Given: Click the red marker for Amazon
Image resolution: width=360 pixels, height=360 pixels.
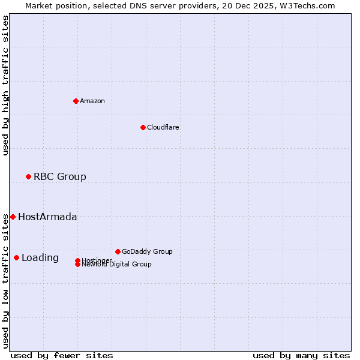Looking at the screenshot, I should pos(76,101).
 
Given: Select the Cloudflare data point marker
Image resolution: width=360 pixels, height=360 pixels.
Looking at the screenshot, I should pos(143,127).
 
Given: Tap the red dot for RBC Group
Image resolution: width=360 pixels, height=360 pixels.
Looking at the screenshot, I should pos(28,176).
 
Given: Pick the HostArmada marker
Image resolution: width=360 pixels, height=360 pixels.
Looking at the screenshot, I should pos(13,217).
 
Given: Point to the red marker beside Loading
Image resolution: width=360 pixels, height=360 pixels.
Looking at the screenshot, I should pos(16,257).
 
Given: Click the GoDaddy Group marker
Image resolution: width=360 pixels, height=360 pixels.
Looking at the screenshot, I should pos(118,251).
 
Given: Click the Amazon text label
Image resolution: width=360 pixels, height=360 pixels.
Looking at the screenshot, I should pos(92,101).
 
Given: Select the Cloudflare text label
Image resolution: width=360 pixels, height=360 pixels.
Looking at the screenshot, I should pos(163,127).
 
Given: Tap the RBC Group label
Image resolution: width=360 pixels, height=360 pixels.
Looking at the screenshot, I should pos(60,176).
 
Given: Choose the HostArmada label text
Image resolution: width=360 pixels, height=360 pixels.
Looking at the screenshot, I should pos(47,217).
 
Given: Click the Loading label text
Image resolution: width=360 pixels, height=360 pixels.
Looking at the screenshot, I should pos(40,257).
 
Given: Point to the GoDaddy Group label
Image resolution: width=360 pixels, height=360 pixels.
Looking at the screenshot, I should pos(147,251).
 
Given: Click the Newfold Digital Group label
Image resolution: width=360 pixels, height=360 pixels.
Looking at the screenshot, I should pos(117,264).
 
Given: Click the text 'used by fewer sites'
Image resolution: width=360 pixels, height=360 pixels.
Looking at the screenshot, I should pos(62,355).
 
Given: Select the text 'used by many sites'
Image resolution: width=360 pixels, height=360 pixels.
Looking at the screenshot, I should pos(301,355).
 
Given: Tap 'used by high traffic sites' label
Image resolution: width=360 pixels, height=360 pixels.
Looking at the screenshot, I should pos(5,85).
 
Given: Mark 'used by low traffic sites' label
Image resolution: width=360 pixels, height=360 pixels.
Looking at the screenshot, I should pos(5,280).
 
